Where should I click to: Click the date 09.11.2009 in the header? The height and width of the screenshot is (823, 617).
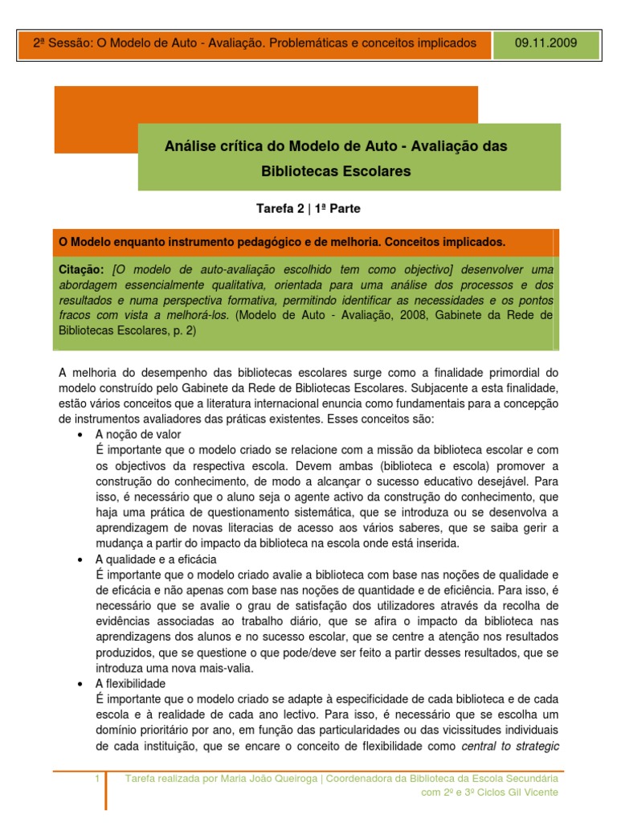tap(546, 43)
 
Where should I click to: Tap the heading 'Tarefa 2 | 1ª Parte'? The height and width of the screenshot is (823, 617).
tap(308, 209)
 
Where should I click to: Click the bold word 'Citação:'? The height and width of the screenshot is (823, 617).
tap(82, 268)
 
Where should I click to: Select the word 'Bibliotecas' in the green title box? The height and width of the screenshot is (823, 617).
tap(294, 171)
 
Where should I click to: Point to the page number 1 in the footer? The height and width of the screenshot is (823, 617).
tap(96, 779)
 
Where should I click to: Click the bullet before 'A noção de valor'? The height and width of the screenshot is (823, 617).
tap(80, 435)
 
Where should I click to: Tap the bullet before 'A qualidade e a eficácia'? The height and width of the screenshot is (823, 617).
tap(80, 559)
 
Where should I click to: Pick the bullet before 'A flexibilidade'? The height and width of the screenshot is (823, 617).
tap(80, 683)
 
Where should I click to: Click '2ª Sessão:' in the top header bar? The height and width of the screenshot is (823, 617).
tap(63, 43)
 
